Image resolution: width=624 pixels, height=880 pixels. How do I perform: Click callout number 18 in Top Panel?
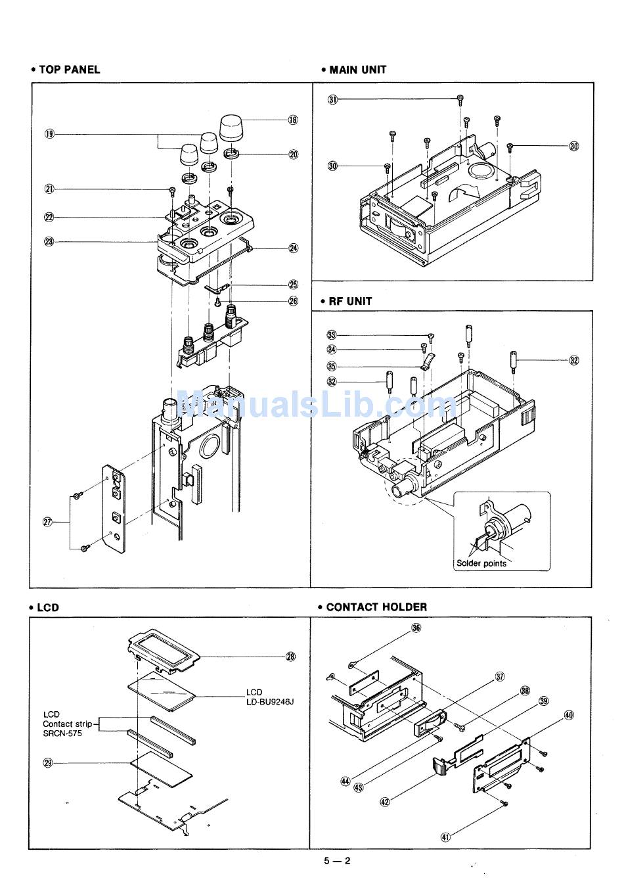coord(293,120)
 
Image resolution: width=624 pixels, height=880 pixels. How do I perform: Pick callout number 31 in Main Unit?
coord(333,100)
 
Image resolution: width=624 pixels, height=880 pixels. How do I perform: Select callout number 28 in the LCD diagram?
coord(290,656)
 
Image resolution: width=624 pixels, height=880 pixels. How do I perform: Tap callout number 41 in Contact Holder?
coord(445,837)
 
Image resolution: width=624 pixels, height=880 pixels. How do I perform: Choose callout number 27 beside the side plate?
coord(47,522)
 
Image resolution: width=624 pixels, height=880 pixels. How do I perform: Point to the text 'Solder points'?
coord(481,563)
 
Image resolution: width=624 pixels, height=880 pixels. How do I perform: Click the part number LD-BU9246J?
coord(270,701)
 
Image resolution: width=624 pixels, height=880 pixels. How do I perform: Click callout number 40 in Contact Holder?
coord(569,714)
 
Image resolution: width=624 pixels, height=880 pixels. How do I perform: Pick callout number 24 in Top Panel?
coord(294,248)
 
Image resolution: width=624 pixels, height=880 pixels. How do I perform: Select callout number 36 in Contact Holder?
coord(416,628)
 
